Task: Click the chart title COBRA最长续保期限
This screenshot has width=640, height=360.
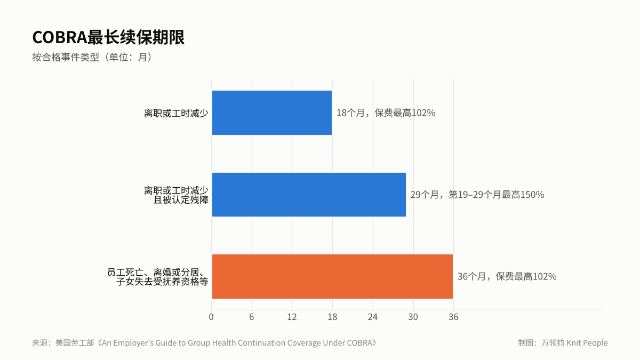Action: coord(108,37)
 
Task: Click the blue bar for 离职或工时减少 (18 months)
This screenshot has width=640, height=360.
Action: coord(271,113)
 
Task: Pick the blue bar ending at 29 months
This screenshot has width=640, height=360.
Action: coord(309,195)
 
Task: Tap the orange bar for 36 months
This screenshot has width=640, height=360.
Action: coord(332,277)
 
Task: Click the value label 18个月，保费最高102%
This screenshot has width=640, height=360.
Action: coord(386,113)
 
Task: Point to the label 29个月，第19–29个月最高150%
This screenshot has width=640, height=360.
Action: coord(477,195)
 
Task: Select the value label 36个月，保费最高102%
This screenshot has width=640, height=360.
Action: coord(507,277)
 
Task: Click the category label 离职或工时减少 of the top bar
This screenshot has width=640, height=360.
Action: coord(176,114)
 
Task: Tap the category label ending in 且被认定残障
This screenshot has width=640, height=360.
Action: coord(176,195)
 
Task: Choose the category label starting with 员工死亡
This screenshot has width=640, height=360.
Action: coord(158,277)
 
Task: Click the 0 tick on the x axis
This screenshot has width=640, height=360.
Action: coord(211,317)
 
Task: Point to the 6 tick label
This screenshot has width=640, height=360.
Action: coord(251,317)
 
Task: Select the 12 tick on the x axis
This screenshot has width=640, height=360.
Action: coord(292,317)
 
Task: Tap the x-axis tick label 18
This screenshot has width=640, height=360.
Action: coord(332,317)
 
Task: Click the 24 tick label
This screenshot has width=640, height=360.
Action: coord(373,317)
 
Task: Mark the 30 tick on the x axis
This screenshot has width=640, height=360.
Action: coord(413,317)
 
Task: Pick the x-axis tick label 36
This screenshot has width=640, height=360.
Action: coord(453,317)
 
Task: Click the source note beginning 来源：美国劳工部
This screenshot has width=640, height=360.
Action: coord(205,343)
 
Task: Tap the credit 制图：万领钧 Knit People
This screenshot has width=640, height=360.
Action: coord(563,343)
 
